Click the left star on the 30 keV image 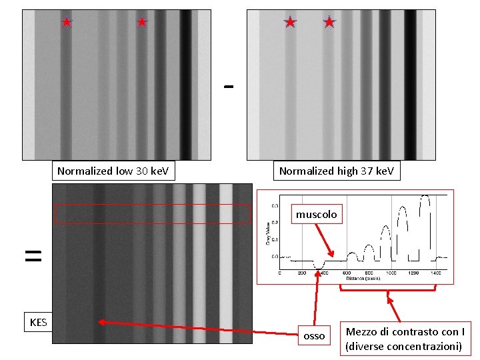pos(66,22)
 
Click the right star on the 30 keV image pos(141,22)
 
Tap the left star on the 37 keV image pos(290,22)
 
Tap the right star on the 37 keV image pos(329,22)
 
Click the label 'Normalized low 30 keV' pos(113,171)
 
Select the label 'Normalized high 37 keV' pos(336,171)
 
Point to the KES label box pos(38,323)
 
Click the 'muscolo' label pos(317,215)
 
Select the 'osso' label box pos(314,336)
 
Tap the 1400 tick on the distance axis pos(436,273)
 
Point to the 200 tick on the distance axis pos(302,273)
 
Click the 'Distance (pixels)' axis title pos(363,279)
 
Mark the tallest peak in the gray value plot pos(425,197)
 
